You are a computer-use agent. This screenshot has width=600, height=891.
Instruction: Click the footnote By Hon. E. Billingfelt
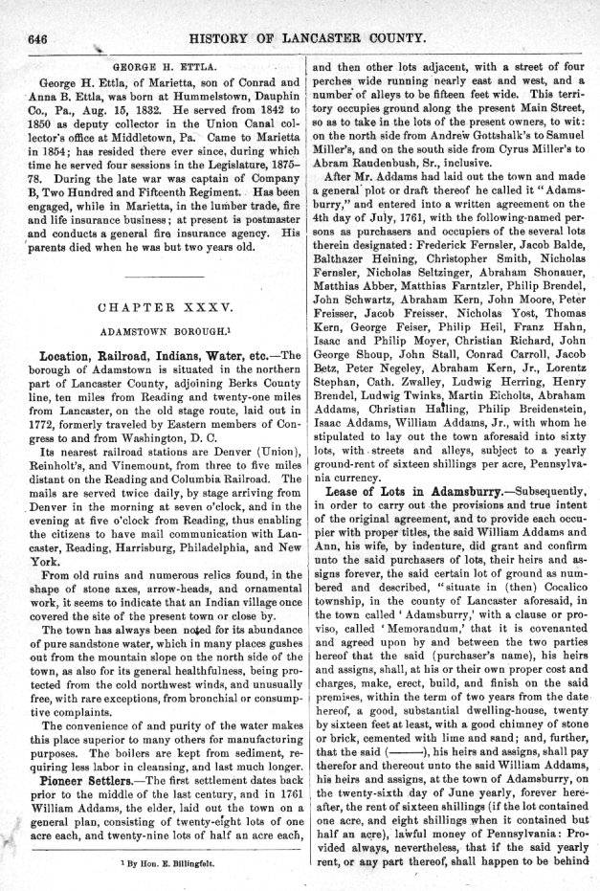pyautogui.click(x=165, y=863)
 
